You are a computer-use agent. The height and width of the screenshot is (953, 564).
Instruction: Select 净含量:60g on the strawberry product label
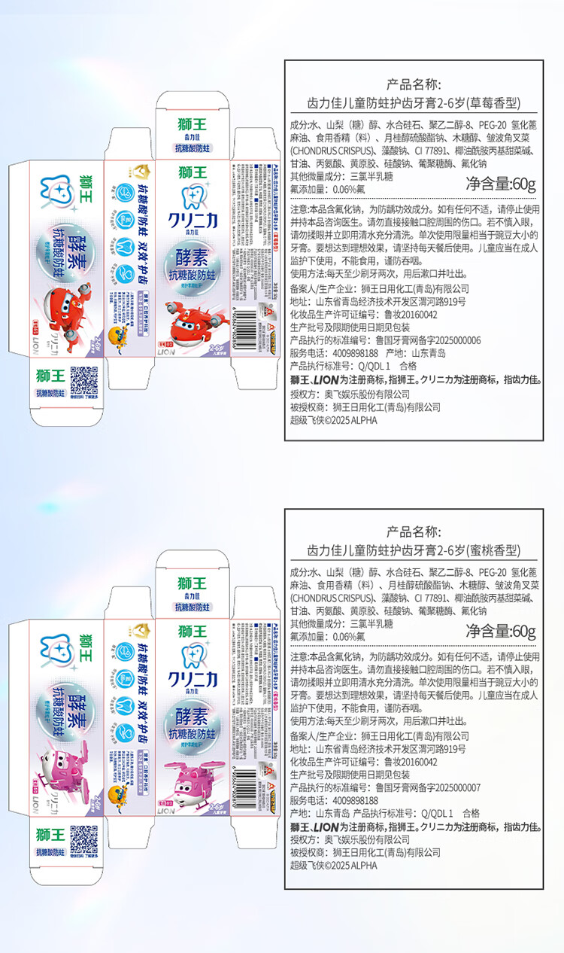500,183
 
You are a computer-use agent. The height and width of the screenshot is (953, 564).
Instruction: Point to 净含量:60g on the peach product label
500,630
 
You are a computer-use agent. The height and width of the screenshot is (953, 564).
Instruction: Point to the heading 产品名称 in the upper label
414,84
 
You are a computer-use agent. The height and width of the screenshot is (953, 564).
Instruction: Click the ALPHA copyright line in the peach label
334,866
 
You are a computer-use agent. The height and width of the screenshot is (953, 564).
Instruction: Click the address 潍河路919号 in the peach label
430,749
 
